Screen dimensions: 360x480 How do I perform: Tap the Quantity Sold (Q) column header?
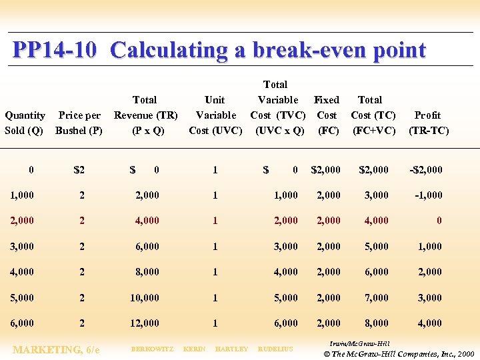click(25, 123)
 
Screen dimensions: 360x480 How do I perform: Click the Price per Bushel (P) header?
click(79, 123)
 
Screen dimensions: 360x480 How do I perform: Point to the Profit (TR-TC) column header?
click(428, 123)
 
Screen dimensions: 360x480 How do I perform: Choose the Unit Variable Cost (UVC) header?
click(215, 115)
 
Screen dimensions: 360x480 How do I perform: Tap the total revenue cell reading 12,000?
click(145, 323)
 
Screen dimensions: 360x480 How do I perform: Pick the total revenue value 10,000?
click(145, 298)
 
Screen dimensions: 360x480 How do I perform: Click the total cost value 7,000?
click(376, 298)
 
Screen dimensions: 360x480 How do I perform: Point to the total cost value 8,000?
click(376, 323)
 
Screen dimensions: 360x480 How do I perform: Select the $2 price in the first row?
click(79, 170)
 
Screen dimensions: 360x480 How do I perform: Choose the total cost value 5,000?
click(376, 247)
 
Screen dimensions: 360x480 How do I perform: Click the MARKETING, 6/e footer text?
click(57, 349)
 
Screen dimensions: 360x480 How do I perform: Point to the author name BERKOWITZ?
click(152, 349)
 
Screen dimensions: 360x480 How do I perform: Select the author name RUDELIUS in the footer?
click(275, 349)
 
